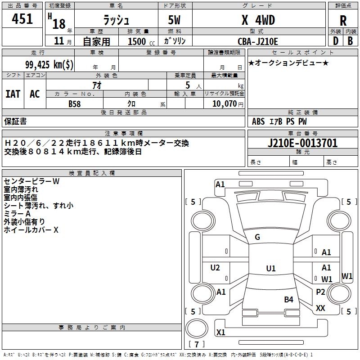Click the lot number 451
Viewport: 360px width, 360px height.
pos(22,19)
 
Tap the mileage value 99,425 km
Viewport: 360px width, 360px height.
pos(49,64)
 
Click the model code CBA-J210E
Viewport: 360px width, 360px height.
pos(258,41)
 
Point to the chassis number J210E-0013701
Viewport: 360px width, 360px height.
pos(302,143)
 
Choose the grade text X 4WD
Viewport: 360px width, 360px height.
pos(258,20)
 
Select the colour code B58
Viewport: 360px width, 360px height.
pos(75,104)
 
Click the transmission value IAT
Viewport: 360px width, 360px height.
pos(13,94)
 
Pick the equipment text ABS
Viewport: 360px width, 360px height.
pos(258,121)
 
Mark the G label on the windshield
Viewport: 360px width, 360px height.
pos(257,237)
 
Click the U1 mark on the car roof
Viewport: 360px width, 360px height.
pos(270,269)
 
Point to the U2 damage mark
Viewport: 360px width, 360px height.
pos(215,268)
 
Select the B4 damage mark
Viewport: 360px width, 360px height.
pos(288,299)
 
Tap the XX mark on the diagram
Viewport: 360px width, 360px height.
pos(320,308)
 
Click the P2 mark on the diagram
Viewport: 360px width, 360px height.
pos(320,292)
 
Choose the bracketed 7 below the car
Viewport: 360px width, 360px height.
pos(197,345)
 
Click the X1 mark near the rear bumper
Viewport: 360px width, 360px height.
pos(220,333)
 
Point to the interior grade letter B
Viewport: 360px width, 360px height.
pos(350,41)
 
